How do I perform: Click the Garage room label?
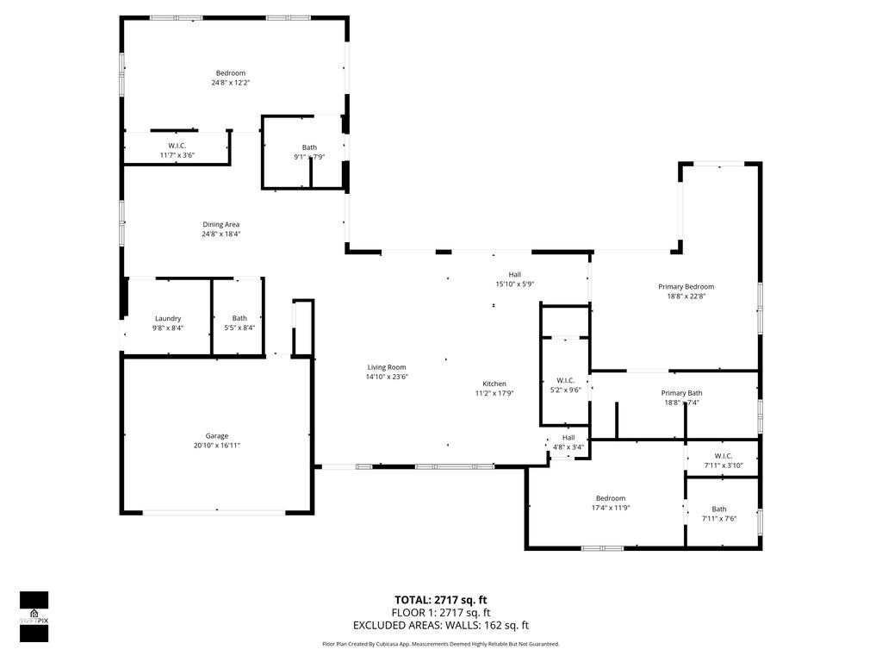(217, 436)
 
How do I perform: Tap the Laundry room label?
(168, 318)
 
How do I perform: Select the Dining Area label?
(220, 224)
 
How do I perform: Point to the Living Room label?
(387, 367)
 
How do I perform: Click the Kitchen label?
(494, 384)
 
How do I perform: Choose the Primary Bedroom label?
(686, 287)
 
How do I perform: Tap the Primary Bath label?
(681, 393)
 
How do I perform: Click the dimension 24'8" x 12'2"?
(230, 83)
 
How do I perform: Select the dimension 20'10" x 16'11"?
(217, 446)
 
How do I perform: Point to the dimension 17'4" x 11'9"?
(611, 508)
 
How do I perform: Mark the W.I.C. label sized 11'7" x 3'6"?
(177, 146)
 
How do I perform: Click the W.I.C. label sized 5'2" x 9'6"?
(565, 380)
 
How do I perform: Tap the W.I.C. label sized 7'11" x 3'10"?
(723, 456)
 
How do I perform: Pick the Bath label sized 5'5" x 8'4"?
(239, 318)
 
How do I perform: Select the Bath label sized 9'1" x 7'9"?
(309, 147)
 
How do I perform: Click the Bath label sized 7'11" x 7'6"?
(719, 509)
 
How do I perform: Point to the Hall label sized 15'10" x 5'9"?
(514, 274)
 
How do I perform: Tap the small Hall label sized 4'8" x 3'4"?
(569, 438)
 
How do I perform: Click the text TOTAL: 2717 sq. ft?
(441, 600)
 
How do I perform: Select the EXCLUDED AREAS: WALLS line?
(441, 625)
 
